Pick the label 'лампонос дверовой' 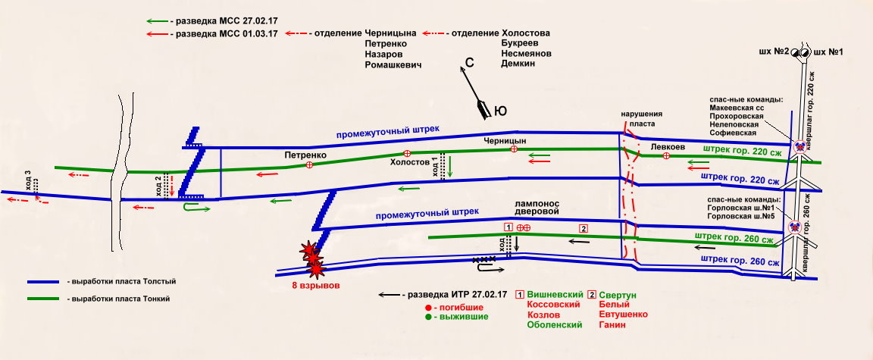click(x=536, y=208)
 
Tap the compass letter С click(x=469, y=64)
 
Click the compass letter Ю click(x=500, y=111)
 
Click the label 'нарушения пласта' click(x=636, y=117)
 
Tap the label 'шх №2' click(x=773, y=52)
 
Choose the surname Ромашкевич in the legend click(x=393, y=65)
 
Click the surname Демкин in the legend click(x=518, y=64)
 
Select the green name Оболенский click(x=554, y=325)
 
